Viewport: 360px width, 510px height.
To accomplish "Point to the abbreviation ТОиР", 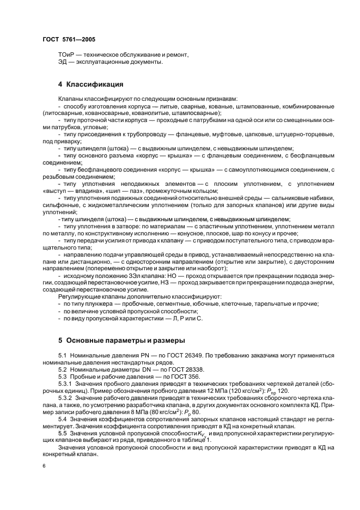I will tap(66, 54).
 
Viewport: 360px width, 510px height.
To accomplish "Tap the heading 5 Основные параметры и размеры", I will tap(121, 341).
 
